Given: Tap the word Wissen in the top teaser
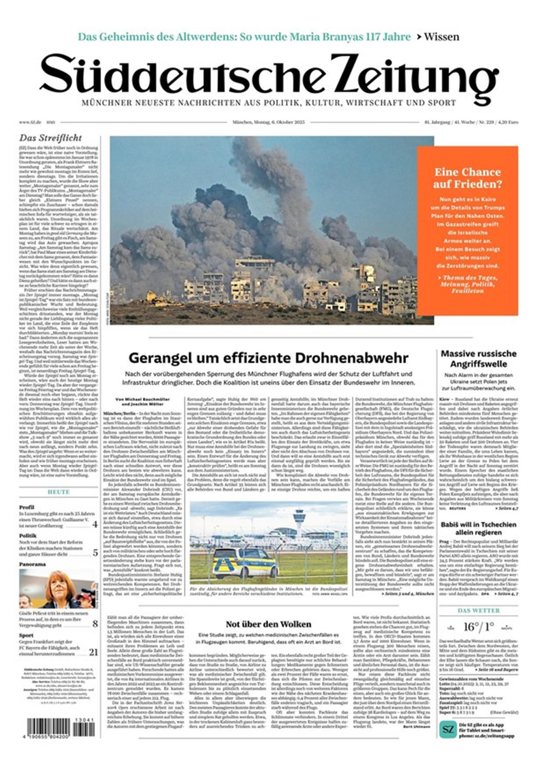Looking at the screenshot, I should point(441,37).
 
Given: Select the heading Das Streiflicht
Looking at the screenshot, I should point(50,138).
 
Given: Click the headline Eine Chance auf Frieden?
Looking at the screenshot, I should point(467,178).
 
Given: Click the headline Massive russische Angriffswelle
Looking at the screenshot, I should point(478,359).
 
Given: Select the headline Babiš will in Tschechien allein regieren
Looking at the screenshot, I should point(478,528).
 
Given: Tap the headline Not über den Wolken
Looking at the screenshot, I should point(268,624).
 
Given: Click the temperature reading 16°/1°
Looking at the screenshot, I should point(478,627).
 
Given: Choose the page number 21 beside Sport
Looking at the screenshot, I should point(93,653).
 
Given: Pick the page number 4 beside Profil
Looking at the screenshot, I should point(95,524).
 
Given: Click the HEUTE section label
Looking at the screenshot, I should point(59,492).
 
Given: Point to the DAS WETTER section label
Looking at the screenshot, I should point(478,611).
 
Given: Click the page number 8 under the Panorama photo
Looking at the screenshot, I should point(95,624).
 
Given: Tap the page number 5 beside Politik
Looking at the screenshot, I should point(95,553).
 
